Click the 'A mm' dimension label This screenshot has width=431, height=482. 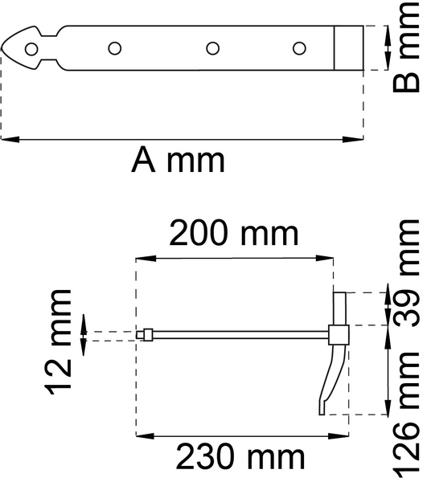[179, 161]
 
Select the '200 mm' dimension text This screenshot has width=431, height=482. [233, 235]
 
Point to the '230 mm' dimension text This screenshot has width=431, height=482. [241, 458]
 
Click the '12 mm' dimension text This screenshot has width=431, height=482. [60, 343]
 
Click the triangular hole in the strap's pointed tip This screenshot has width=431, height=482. [31, 49]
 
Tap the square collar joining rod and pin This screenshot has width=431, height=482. [339, 334]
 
